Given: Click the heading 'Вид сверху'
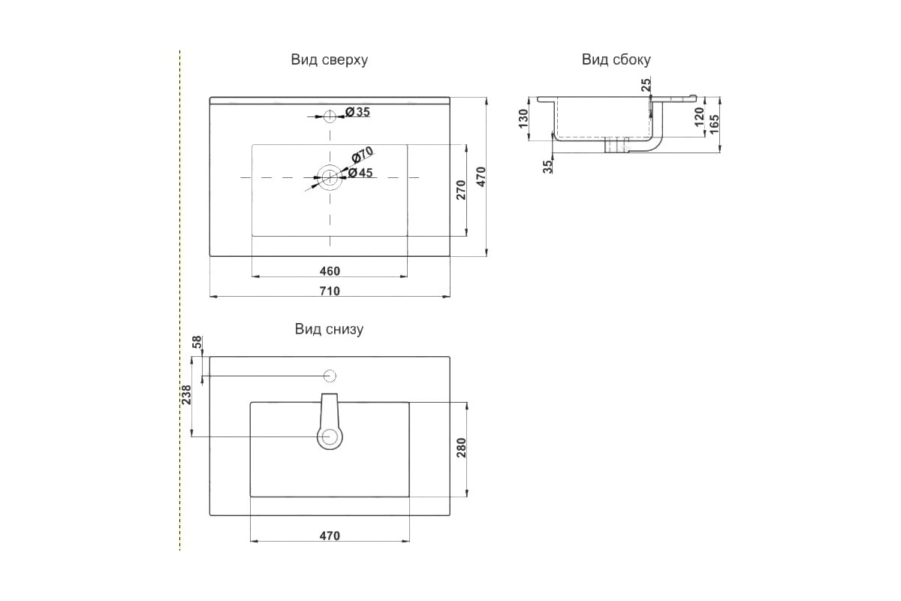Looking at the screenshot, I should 329,60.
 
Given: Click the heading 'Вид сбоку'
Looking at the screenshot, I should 616,60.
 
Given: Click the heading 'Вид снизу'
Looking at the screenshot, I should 329,329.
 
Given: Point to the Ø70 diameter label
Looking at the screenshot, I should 362,156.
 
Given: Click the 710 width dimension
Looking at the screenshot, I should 330,291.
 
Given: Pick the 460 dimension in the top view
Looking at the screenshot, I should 330,271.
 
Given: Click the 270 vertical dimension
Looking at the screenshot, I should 461,189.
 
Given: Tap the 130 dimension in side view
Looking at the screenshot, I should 524,119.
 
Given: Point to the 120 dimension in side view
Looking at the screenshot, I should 698,116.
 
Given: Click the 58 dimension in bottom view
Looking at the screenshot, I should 197,343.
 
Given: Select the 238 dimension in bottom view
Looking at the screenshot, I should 185,395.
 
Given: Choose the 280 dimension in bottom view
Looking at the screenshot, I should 462,448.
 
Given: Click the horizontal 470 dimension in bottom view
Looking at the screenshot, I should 330,536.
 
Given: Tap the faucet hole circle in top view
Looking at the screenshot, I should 330,116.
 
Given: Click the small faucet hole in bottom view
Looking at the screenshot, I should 330,375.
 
